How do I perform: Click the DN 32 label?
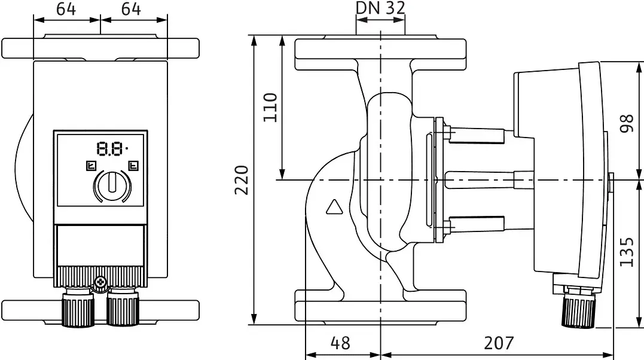pos(380,8)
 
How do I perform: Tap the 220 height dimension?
pos(242,180)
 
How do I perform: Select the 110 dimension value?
pos(270,108)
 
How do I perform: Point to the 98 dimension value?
pos(626,123)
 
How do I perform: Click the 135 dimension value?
pos(626,252)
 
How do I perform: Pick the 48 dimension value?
pos(340,343)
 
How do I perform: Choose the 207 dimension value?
pos(499,343)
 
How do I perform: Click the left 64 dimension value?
pos(66,9)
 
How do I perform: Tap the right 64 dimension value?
pos(131,9)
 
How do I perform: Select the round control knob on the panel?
pos(112,186)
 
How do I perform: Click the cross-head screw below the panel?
pos(100,282)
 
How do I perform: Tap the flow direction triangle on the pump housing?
pos(334,207)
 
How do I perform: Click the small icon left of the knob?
pos(91,166)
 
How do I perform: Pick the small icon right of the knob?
pos(133,166)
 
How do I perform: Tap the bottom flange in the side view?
pos(380,306)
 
